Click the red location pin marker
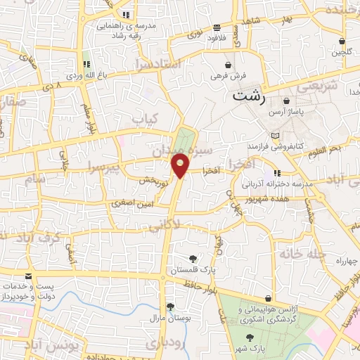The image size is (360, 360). point(181,165)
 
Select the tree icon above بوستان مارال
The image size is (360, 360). point(169,307)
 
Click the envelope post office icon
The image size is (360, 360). point(28,277)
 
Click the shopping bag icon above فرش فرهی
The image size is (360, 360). point(227,64)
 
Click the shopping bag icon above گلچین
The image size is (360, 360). point(342,41)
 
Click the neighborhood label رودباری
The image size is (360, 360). point(165,342)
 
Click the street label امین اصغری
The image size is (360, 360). point(134,203)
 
